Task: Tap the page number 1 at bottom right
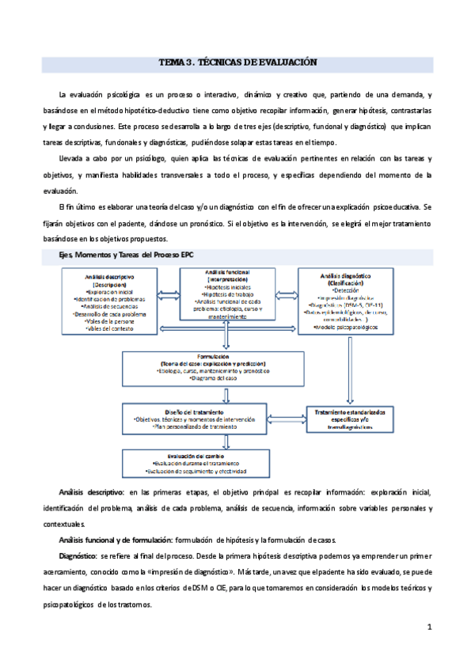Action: [x=428, y=628]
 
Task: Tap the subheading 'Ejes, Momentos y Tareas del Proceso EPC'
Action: [x=115, y=255]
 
